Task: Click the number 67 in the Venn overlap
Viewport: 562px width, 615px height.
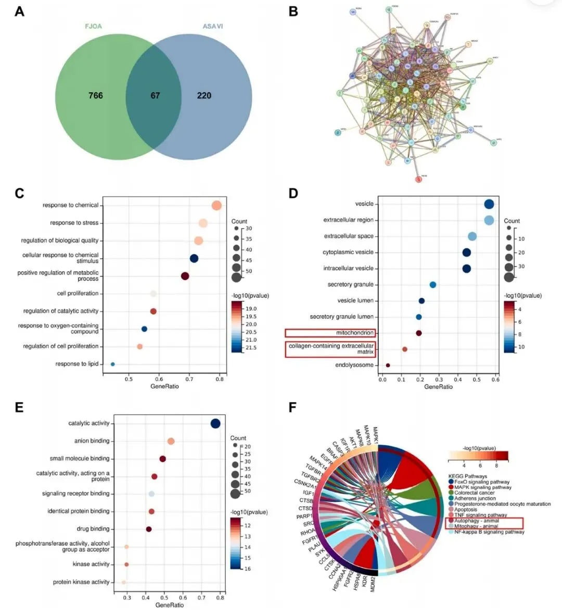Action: click(x=155, y=95)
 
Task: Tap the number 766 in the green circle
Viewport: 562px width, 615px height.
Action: click(x=95, y=95)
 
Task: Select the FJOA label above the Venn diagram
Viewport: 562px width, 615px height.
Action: click(x=94, y=26)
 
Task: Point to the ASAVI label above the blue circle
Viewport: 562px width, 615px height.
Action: click(x=213, y=26)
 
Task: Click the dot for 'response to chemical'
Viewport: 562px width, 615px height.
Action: click(x=216, y=205)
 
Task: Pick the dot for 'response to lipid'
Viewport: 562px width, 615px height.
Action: click(x=112, y=364)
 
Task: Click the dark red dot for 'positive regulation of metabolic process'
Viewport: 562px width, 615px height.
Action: click(x=185, y=276)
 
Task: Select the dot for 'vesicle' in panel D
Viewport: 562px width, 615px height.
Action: click(x=489, y=204)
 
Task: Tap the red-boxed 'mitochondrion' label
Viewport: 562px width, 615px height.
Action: click(x=355, y=333)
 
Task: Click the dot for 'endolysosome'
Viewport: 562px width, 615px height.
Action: click(x=388, y=365)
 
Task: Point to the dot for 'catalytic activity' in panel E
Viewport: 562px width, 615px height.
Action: click(x=215, y=423)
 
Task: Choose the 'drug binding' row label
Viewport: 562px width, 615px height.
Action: click(x=93, y=529)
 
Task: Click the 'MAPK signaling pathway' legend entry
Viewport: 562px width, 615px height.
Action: click(x=482, y=487)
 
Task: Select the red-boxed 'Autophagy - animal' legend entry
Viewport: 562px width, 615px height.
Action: click(x=476, y=521)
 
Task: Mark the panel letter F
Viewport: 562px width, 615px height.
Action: click(x=292, y=407)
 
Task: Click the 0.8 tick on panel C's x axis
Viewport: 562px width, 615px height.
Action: click(x=220, y=379)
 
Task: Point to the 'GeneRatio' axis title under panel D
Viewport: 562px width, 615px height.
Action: click(x=438, y=386)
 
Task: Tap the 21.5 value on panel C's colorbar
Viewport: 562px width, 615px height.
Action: click(x=251, y=347)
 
